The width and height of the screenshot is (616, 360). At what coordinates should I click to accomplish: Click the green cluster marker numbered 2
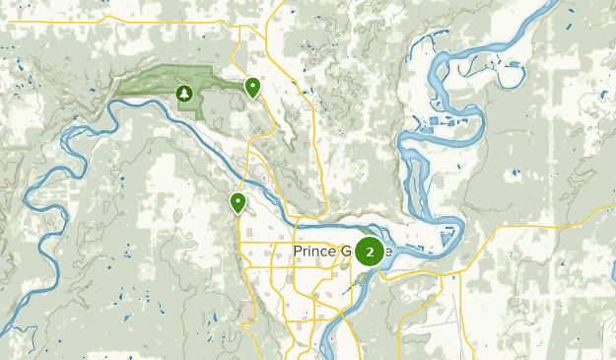(x=370, y=252)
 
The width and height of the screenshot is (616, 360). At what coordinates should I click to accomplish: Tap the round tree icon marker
(x=183, y=94)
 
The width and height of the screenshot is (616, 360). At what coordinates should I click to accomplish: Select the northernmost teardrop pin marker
(x=253, y=88)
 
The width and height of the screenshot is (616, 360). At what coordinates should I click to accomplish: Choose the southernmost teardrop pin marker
(x=238, y=203)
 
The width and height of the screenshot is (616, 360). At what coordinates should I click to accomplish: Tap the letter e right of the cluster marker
(x=388, y=252)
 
